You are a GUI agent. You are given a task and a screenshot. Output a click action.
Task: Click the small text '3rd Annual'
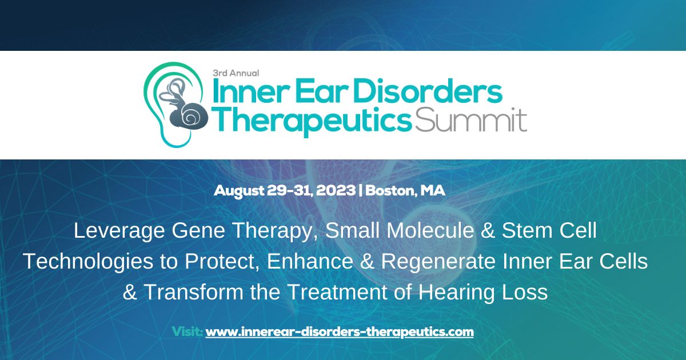(236, 73)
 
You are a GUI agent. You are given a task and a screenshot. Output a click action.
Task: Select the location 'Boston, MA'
(405, 191)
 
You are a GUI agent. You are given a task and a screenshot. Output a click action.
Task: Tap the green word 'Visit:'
(187, 331)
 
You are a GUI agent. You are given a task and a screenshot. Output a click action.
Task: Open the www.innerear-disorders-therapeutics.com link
(340, 331)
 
